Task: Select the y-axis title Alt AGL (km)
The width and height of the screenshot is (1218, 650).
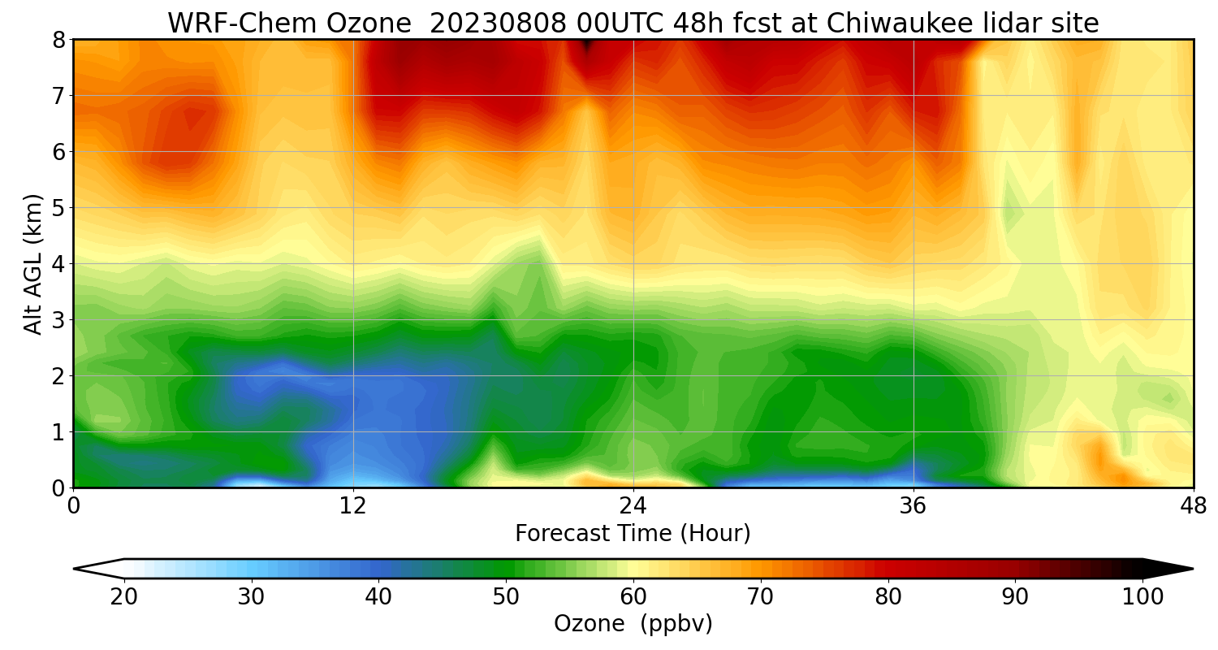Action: [33, 264]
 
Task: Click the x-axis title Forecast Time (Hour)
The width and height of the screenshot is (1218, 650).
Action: [633, 534]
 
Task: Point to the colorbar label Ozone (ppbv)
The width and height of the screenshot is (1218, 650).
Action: [633, 624]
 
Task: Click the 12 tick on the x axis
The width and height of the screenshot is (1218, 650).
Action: [353, 505]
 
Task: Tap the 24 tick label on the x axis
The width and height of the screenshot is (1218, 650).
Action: [633, 505]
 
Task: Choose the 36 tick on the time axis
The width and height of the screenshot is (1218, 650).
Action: [914, 505]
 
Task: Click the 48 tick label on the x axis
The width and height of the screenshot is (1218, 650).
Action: [1193, 505]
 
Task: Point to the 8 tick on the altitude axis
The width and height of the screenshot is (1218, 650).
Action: [58, 40]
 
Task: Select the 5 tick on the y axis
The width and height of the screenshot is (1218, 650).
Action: [58, 208]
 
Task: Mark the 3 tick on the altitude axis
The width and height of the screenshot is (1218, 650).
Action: [58, 320]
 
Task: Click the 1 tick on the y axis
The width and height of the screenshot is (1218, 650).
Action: [58, 432]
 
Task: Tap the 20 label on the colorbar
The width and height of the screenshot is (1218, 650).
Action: [124, 597]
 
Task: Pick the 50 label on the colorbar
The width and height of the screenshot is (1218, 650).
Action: [506, 597]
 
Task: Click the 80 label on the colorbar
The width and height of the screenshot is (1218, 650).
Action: [888, 597]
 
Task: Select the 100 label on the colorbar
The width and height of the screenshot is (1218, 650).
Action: [1143, 597]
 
